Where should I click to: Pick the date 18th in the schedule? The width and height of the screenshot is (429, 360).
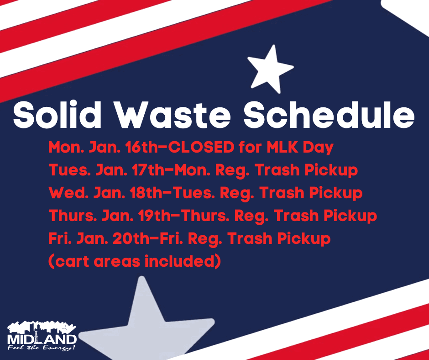point(135,193)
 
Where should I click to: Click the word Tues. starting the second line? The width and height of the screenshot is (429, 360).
point(68,170)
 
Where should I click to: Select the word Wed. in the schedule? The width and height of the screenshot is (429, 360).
point(67,193)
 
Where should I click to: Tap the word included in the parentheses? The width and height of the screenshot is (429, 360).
point(179,261)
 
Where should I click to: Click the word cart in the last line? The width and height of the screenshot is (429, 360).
point(68,261)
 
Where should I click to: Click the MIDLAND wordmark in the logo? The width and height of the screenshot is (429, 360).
point(42,340)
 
